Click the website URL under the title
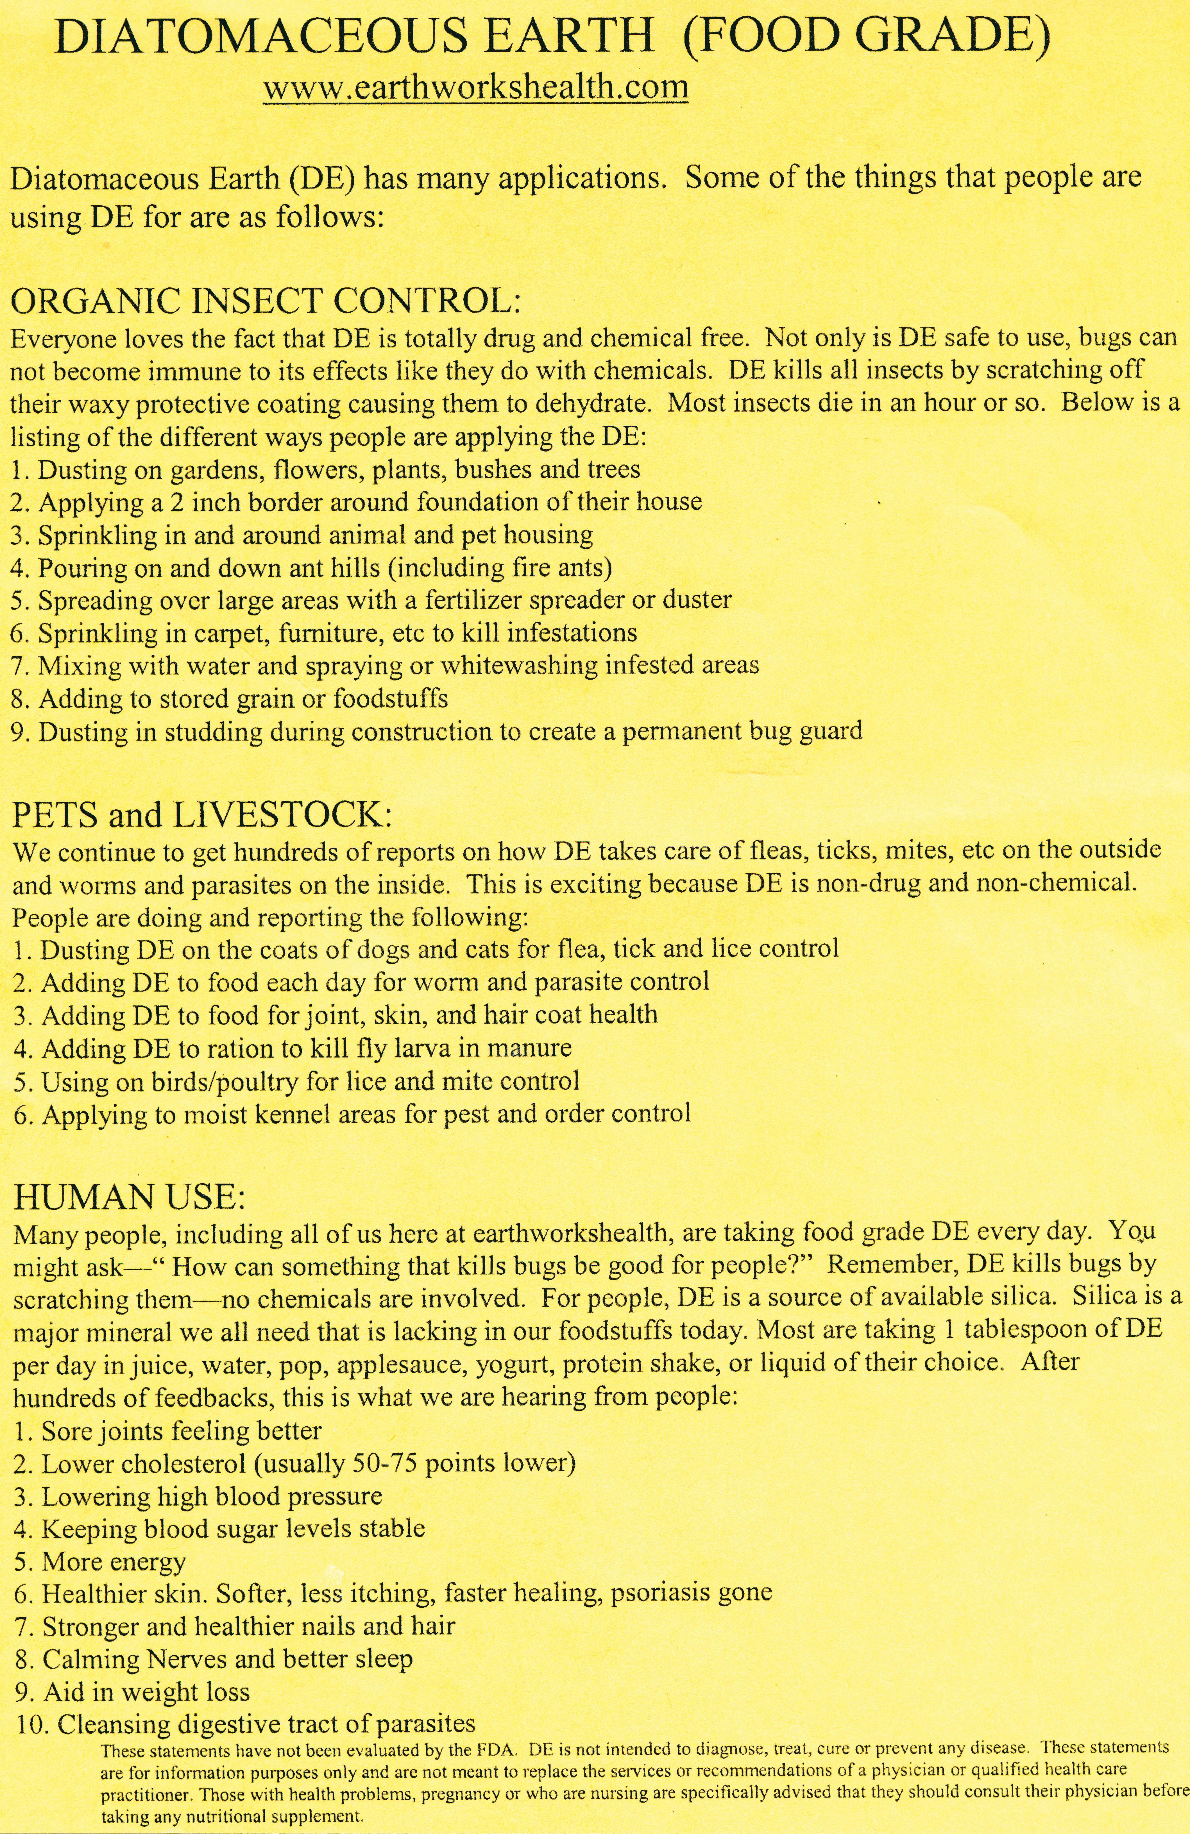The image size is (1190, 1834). pyautogui.click(x=475, y=88)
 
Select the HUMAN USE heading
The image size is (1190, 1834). pyautogui.click(x=130, y=1196)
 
